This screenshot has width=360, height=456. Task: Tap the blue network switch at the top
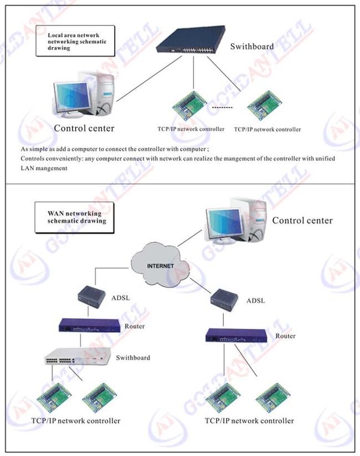click(191, 39)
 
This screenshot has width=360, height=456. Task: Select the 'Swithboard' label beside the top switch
click(252, 46)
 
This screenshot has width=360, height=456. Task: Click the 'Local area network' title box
click(75, 41)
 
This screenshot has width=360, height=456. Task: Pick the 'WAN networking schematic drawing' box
click(75, 217)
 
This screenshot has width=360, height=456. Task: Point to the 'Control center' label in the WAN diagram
click(302, 220)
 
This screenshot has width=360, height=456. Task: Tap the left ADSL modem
click(92, 297)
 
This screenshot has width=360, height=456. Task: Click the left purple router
click(90, 325)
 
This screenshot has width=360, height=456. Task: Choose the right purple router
click(236, 335)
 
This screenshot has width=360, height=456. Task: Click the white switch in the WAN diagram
click(78, 356)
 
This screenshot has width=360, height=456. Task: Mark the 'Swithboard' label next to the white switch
click(133, 357)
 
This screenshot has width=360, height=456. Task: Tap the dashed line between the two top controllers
click(222, 107)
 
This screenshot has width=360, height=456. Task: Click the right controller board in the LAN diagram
click(265, 106)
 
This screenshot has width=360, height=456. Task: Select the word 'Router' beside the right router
click(285, 336)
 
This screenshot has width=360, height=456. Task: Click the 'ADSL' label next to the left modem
click(121, 298)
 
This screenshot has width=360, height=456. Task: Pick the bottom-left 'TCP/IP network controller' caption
click(76, 421)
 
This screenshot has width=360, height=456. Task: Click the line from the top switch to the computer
click(150, 79)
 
